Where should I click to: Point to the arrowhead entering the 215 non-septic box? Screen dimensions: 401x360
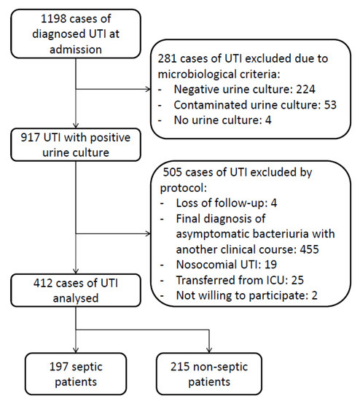(x=209, y=349)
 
